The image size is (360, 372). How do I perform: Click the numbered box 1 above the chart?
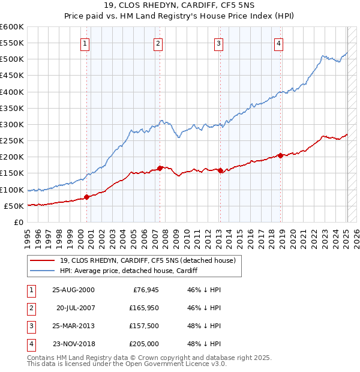coord(85,43)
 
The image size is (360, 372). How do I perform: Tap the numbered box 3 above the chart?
coord(219,43)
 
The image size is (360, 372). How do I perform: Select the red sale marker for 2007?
coord(160,168)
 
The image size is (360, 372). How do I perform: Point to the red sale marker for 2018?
coord(280,155)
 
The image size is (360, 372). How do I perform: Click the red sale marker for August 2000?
coord(87,197)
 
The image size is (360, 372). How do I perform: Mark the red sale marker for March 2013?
coord(220,170)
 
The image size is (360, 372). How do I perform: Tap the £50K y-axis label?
coord(13,206)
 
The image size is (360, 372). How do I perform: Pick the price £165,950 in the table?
coord(143,308)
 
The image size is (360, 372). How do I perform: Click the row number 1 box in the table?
coord(31,290)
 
